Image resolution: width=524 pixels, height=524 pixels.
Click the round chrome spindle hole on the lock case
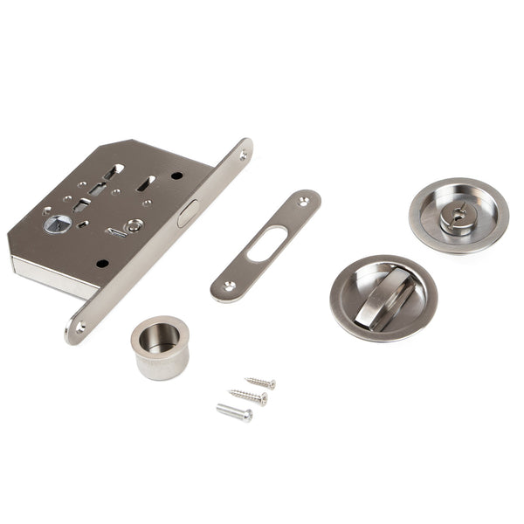click(x=53, y=224)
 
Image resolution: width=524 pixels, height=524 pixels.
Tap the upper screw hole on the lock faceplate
click(x=243, y=155)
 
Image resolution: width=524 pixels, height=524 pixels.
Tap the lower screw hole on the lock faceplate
click(x=80, y=327)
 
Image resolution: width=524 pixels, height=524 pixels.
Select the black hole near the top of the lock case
click(x=177, y=176)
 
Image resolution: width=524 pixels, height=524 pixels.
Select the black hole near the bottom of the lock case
click(x=103, y=264)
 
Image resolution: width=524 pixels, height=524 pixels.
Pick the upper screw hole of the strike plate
click(x=303, y=201)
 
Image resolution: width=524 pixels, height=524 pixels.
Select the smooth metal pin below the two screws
click(x=234, y=411)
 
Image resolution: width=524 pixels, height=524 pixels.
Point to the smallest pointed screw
click(x=260, y=383)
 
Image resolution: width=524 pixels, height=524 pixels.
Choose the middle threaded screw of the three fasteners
click(x=248, y=396)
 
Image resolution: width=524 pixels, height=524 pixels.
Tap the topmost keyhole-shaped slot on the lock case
click(x=114, y=171)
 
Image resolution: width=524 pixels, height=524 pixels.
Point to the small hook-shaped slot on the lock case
click(x=114, y=231)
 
